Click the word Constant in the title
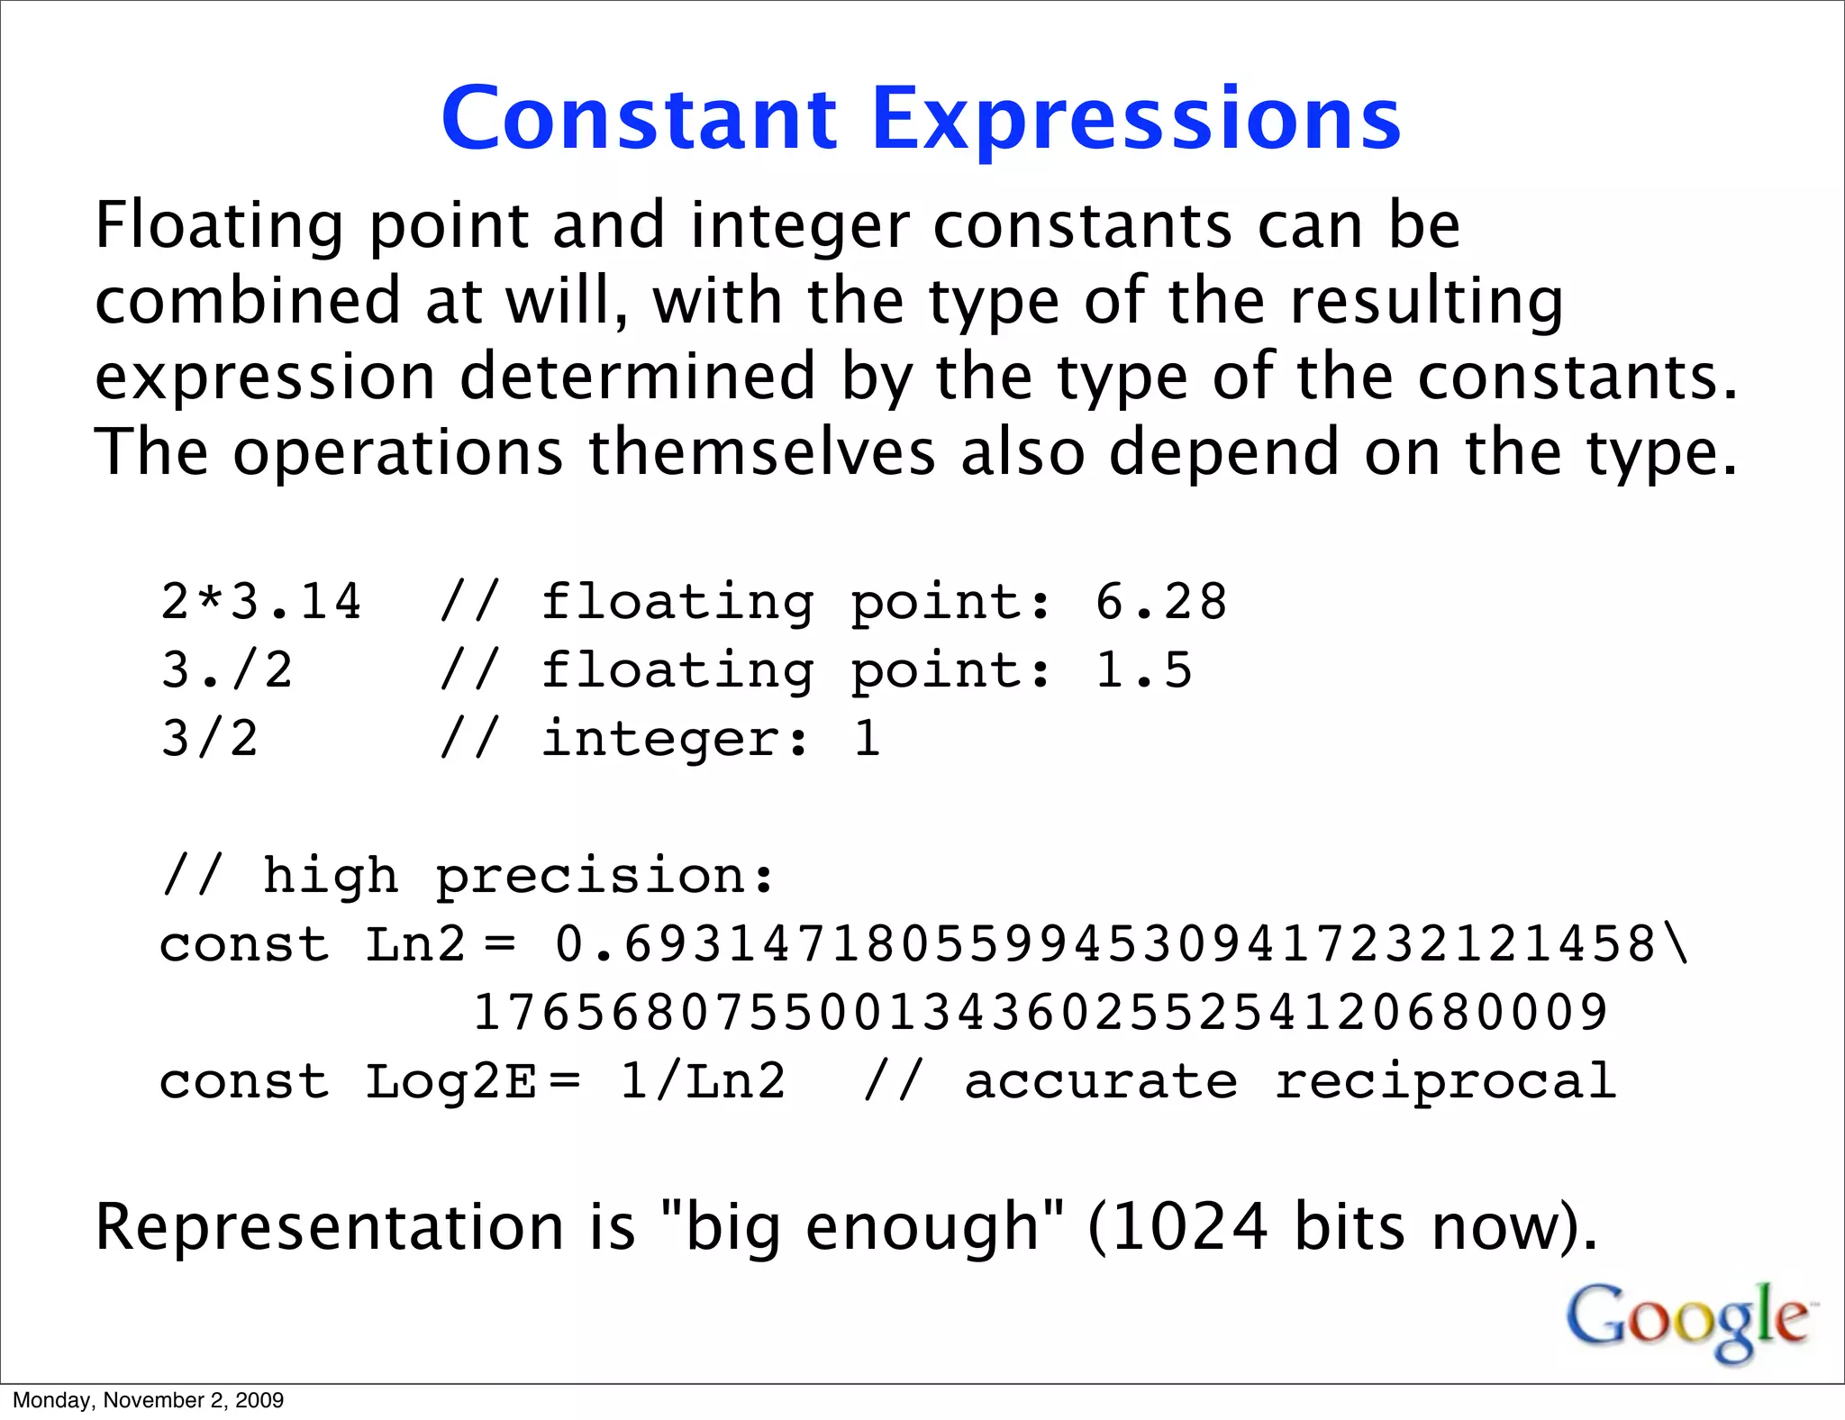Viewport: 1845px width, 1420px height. coord(640,119)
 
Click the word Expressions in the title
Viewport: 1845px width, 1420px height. coord(1136,119)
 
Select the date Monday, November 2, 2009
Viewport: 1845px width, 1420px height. coord(149,1400)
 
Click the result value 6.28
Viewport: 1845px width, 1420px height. coord(1160,602)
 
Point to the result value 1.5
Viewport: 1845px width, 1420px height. coord(1143,670)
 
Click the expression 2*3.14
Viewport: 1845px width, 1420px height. coord(261,602)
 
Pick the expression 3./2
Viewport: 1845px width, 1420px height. coord(227,670)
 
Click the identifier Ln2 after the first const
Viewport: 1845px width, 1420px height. coord(415,945)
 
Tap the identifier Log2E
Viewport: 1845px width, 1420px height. coord(450,1082)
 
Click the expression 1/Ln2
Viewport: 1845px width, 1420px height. coord(703,1082)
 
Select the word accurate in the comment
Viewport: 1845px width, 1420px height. coord(1101,1082)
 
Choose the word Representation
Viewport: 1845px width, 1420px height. coord(330,1227)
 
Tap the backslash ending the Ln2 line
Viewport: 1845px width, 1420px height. coord(1677,945)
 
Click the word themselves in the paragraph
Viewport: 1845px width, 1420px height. coord(761,452)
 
